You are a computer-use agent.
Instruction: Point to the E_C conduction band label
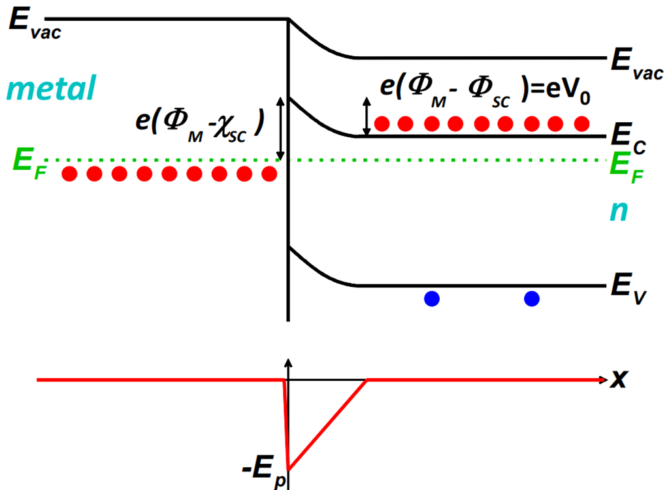click(628, 139)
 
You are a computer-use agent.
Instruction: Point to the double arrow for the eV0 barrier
click(367, 116)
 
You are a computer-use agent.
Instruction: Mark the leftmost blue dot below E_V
click(432, 299)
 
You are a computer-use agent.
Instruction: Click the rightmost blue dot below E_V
click(532, 299)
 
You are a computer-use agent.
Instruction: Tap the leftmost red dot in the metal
click(70, 174)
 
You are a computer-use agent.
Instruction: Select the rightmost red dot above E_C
click(581, 123)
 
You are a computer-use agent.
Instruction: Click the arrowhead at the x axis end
click(600, 379)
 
